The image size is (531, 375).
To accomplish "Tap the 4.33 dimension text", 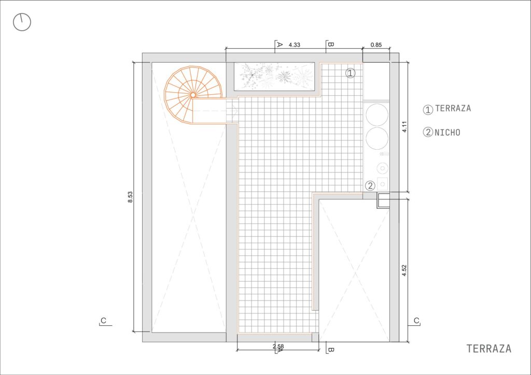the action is (x=295, y=45).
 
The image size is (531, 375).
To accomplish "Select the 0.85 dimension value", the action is (x=376, y=45).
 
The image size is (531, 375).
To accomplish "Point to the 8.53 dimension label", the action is (x=130, y=197).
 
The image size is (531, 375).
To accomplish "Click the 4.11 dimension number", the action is (x=404, y=127).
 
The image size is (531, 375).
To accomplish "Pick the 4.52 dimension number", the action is (x=404, y=270).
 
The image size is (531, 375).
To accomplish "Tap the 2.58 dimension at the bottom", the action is (x=278, y=347).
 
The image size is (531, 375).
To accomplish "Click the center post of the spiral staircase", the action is (x=193, y=95).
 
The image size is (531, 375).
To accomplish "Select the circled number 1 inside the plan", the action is (x=351, y=73).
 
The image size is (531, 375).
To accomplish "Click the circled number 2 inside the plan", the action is (x=370, y=185).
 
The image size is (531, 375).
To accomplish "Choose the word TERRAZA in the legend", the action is (x=453, y=108).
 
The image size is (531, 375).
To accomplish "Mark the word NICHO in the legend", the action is (x=448, y=132).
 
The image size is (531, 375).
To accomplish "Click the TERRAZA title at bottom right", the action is (x=488, y=349).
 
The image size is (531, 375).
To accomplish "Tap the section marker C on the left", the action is (x=104, y=321).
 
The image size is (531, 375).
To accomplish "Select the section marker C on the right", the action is (x=416, y=321).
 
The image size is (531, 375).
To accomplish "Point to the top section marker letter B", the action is (x=331, y=45).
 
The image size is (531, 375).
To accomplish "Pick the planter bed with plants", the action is (x=274, y=77).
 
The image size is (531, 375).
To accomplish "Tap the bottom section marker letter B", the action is (x=331, y=350).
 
